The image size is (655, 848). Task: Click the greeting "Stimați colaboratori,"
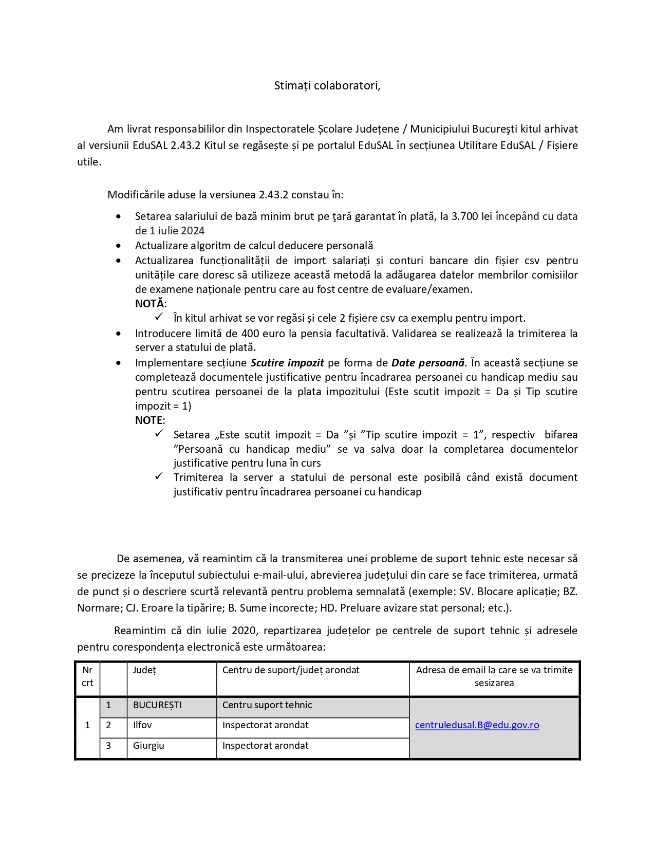tap(327, 86)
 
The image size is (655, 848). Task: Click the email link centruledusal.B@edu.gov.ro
tap(477, 725)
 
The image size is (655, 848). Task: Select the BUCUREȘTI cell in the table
tap(157, 705)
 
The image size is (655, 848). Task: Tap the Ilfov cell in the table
tap(142, 725)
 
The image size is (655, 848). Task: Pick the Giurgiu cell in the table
tap(148, 746)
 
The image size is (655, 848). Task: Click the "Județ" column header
tap(144, 670)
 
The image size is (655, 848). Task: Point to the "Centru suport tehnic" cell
tap(267, 705)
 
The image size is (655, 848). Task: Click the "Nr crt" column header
tap(87, 676)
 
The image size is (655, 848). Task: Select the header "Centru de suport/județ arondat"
tap(291, 670)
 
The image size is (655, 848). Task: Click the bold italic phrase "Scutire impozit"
tap(287, 363)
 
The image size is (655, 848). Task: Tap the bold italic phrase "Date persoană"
tap(428, 363)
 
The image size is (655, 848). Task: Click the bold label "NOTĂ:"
tap(151, 304)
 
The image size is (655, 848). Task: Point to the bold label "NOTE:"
tap(150, 420)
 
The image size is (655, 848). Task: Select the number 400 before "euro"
tap(250, 334)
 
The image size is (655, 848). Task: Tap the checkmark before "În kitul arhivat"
tap(159, 317)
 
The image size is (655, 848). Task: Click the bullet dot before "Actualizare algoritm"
tap(119, 246)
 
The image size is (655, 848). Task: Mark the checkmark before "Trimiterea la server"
tap(159, 476)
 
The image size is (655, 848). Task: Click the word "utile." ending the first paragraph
tap(89, 162)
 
